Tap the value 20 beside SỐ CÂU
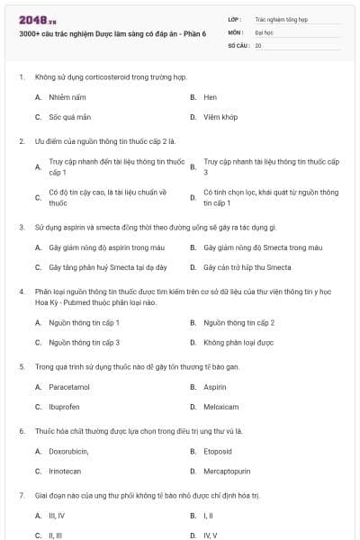(258, 44)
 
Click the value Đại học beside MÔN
(263, 31)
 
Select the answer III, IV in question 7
(57, 516)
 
